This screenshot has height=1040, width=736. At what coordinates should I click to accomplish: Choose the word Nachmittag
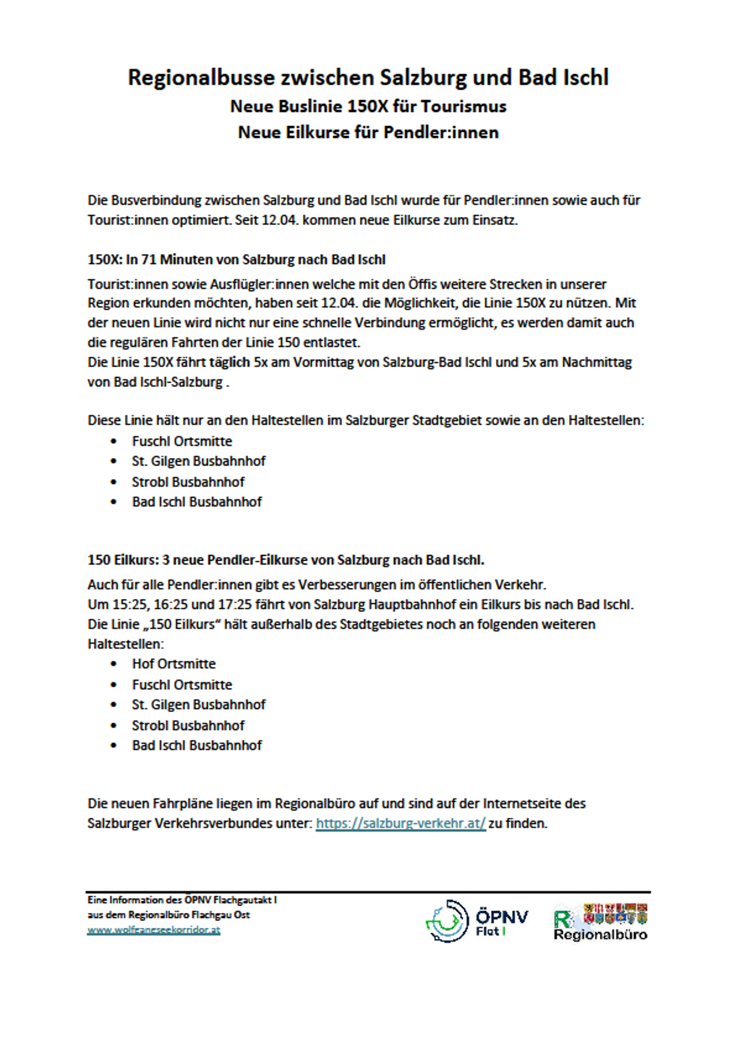pos(597,363)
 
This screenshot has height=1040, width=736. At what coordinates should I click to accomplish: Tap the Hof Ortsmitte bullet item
pos(173,664)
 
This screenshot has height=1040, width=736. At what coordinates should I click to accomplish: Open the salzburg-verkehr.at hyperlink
pos(401,824)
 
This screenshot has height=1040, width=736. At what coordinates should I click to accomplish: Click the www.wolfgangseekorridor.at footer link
pos(154,930)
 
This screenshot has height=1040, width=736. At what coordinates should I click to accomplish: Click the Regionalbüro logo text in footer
pos(600,935)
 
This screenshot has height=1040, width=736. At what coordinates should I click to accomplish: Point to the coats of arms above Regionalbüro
pos(615,913)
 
